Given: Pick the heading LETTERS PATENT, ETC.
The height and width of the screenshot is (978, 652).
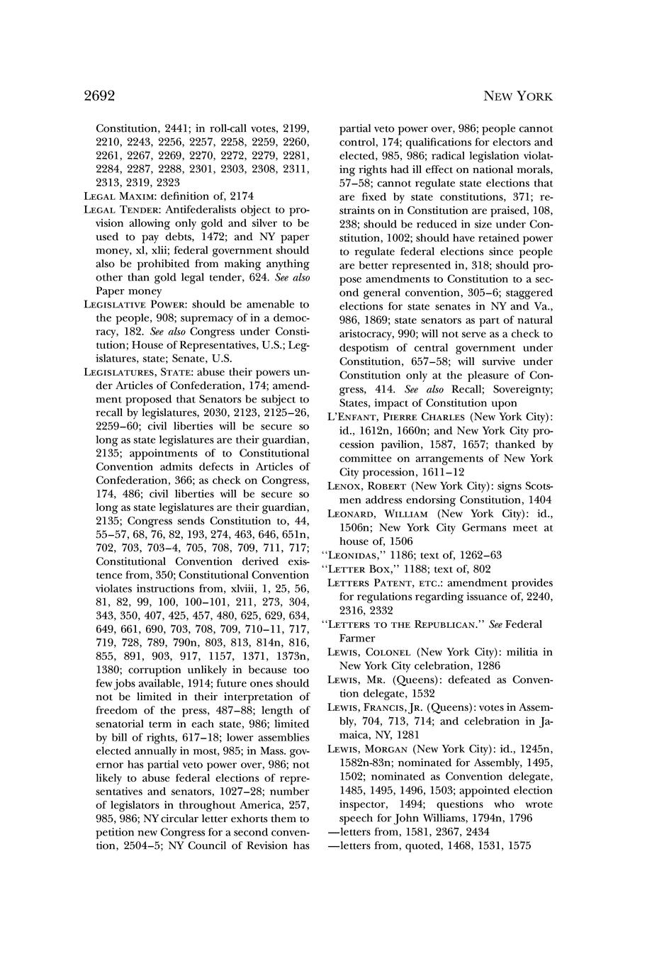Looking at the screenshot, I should point(387,583).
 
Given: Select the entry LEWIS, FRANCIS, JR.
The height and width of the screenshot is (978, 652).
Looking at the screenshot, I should point(380,707).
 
